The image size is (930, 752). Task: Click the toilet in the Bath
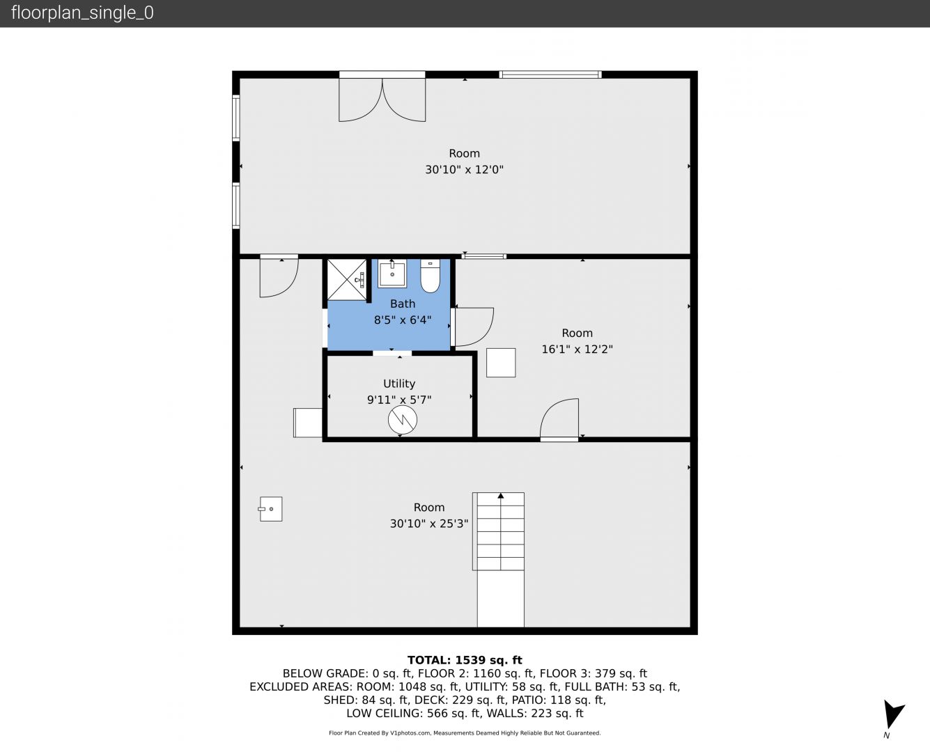click(430, 276)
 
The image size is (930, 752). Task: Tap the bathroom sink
click(392, 273)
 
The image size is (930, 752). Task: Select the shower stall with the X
click(347, 280)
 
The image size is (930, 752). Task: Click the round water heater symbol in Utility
click(403, 420)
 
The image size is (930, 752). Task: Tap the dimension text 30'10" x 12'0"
click(464, 169)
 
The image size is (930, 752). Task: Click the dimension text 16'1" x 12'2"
click(578, 349)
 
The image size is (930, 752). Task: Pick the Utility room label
click(399, 384)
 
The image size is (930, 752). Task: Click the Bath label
click(403, 304)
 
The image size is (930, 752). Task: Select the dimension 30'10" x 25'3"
click(428, 524)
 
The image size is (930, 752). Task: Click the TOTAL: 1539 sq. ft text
click(465, 660)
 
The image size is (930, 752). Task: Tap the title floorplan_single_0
click(82, 13)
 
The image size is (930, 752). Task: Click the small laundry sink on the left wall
click(271, 509)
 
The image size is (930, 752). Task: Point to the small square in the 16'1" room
click(501, 363)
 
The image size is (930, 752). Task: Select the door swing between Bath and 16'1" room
click(474, 327)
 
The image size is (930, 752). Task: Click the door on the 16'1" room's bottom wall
click(559, 419)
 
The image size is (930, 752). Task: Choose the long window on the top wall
click(550, 75)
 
